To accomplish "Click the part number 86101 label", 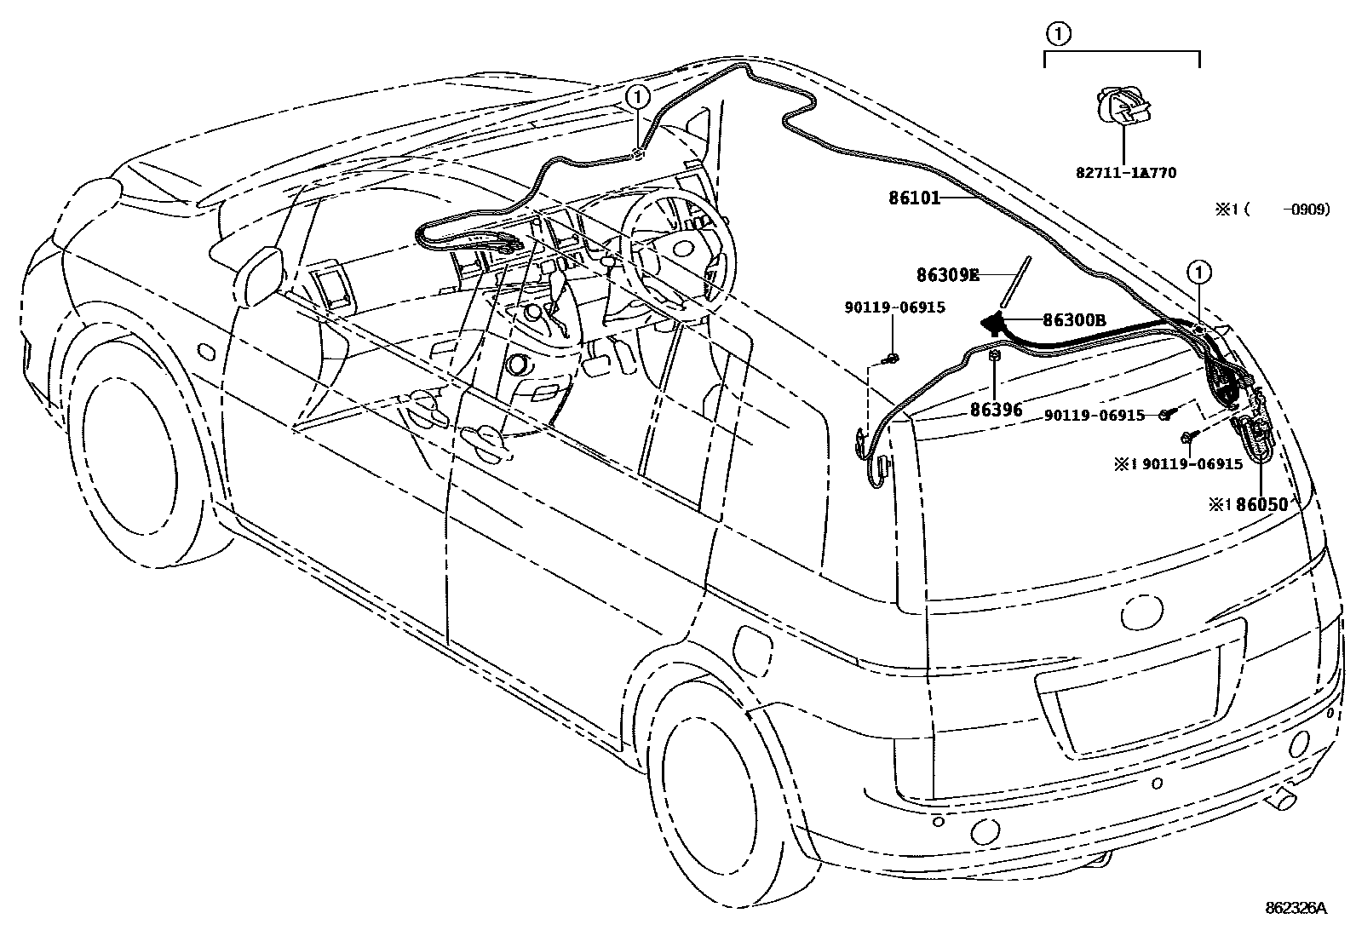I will pyautogui.click(x=914, y=198).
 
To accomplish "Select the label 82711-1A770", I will pyautogui.click(x=1125, y=173).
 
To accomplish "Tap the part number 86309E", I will pyautogui.click(x=947, y=275).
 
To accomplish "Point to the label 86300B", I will pyautogui.click(x=1074, y=320).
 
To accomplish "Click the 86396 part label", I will pyautogui.click(x=996, y=410).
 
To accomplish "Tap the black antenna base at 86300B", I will pyautogui.click(x=993, y=323).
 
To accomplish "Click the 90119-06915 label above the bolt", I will pyautogui.click(x=894, y=308).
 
